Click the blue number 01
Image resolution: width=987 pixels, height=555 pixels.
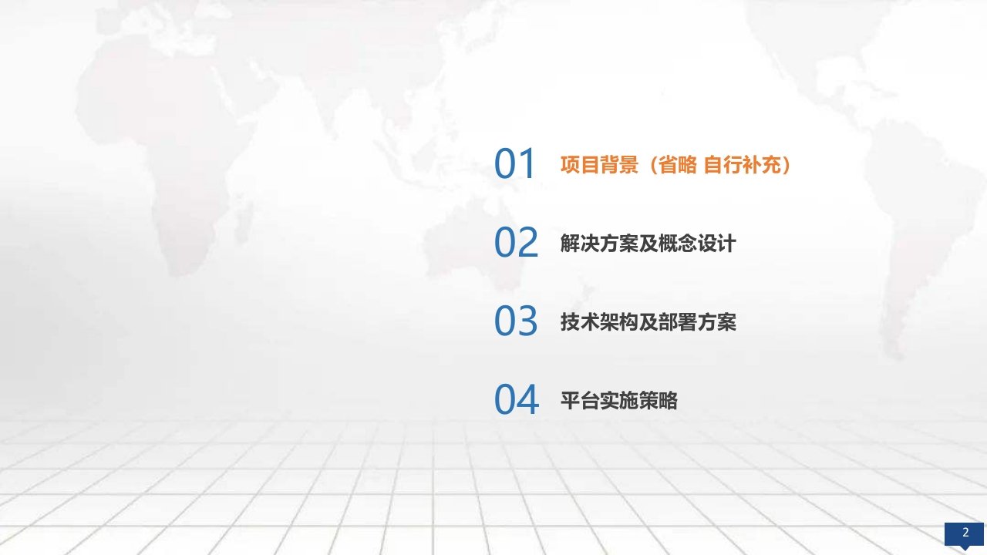[x=514, y=163]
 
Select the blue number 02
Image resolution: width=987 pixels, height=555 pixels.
[x=516, y=242]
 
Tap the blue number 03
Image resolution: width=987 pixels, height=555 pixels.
[x=516, y=321]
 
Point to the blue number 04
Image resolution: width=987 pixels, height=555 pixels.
[x=517, y=399]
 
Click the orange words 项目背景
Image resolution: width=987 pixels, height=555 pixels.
[x=599, y=165]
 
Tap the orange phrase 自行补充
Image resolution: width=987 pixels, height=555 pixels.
[x=743, y=165]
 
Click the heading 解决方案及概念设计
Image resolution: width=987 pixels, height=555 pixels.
[x=648, y=243]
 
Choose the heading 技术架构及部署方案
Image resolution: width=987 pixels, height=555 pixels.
[x=648, y=322]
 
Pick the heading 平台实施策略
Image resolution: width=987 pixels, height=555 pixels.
[x=619, y=400]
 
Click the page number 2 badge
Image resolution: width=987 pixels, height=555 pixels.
[x=964, y=535]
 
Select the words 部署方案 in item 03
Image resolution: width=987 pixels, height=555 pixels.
[x=697, y=322]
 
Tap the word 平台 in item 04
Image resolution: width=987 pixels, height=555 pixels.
[x=580, y=400]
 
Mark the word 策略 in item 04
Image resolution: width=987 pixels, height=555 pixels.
[x=659, y=400]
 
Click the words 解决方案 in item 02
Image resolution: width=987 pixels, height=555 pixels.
[x=599, y=243]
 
